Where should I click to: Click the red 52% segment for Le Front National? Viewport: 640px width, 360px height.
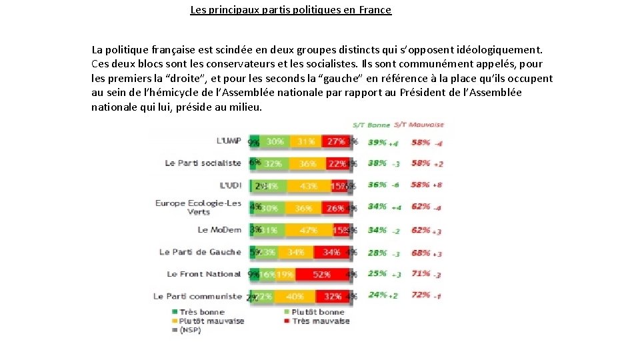tap(321, 274)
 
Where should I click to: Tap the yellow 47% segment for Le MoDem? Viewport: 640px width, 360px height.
tap(308, 230)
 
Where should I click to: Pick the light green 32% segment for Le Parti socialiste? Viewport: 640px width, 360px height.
tap(273, 163)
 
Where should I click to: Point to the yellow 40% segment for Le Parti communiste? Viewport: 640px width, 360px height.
tap(294, 296)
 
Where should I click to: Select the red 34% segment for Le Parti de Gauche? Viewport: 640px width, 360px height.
tap(331, 252)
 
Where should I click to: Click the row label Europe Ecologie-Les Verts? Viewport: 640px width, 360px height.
tap(198, 207)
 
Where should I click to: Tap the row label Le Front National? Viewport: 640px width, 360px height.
tap(203, 274)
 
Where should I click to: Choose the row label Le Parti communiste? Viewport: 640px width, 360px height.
tap(197, 296)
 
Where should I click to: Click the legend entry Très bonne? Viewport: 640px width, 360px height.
tap(201, 312)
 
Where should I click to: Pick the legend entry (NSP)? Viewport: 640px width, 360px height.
tap(192, 330)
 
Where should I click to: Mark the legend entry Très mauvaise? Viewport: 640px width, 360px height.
tap(320, 321)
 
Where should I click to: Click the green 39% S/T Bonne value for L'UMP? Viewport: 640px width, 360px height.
tap(377, 142)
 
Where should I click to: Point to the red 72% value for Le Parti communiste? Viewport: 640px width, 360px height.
tap(421, 294)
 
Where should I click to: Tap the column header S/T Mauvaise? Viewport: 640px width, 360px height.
tap(418, 125)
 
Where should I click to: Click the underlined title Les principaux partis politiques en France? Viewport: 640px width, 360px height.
tap(291, 10)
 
